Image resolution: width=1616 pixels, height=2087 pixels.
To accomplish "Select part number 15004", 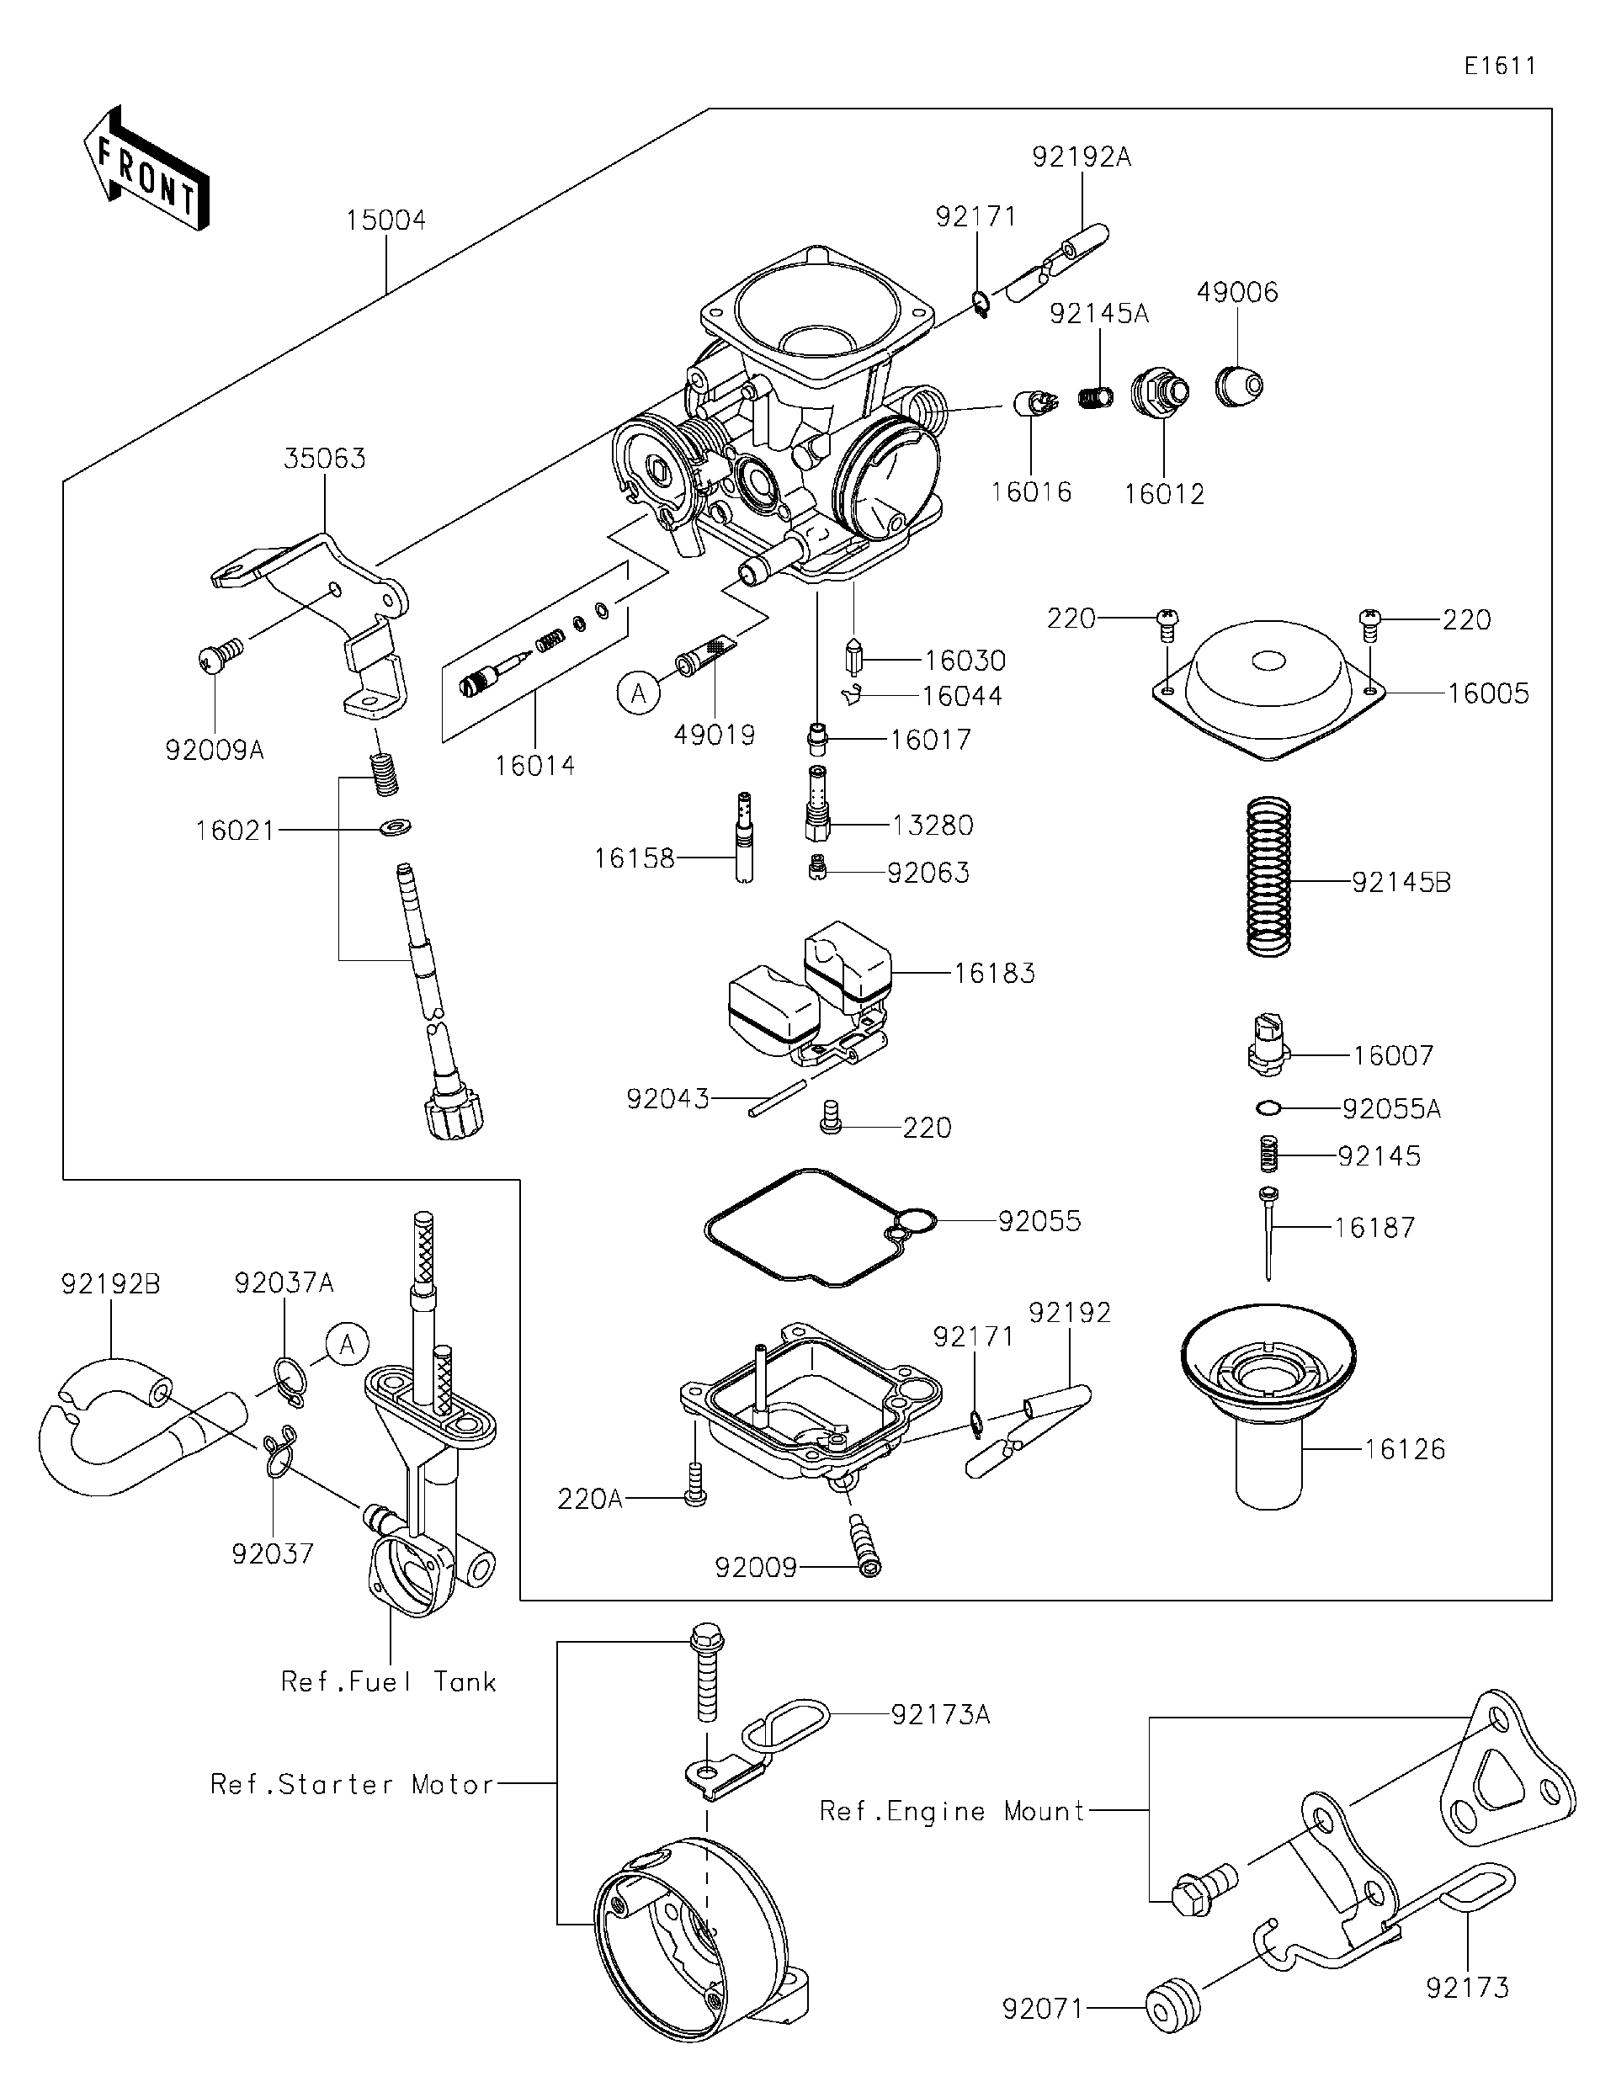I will pos(385,220).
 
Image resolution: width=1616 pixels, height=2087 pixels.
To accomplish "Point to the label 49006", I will pos(1236,292).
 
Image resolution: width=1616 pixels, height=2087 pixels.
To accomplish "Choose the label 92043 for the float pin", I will pos(667,1099).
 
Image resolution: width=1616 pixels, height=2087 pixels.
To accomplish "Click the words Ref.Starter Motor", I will pos(352,1784).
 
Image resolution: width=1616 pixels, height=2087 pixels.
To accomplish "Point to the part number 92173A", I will pos(940,1715).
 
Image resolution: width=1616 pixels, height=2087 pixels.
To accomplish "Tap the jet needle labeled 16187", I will pos(1268,1233).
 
